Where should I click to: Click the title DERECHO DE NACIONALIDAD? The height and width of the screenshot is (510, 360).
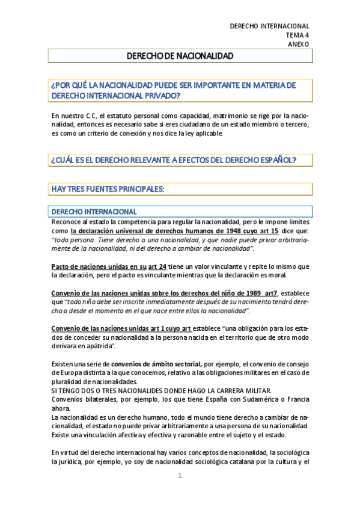point(180,55)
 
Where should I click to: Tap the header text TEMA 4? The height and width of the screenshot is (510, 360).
point(297,35)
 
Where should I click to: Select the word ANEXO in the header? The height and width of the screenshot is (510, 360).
point(298,44)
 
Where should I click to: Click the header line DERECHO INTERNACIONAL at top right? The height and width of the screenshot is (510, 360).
point(270,26)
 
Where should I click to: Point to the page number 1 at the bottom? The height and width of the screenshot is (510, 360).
point(179,476)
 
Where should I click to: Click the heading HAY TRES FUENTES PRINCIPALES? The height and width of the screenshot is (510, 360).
point(108,189)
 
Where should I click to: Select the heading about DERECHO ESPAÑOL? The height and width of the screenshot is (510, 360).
point(174,159)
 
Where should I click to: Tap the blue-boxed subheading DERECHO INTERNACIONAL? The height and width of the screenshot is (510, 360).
point(94,212)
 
